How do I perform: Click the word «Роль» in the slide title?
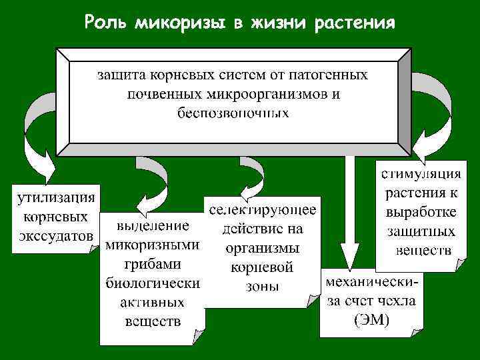106,23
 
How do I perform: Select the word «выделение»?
153,225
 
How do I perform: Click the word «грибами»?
153,263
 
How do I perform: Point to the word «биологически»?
153,283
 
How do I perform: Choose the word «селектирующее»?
263,210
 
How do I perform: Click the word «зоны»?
263,287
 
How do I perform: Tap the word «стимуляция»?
421,175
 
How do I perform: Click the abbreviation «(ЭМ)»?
371,319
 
